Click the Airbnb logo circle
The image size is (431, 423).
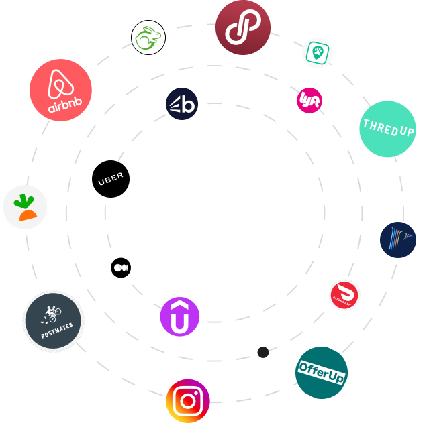[60, 90]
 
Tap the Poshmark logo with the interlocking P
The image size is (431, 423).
[242, 27]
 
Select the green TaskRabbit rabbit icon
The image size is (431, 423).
[148, 38]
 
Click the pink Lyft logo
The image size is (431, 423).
[309, 101]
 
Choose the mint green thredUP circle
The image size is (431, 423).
[387, 129]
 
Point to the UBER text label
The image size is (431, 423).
[111, 180]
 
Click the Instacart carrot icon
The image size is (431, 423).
[26, 207]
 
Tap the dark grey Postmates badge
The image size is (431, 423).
[53, 321]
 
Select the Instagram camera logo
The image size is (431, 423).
[188, 401]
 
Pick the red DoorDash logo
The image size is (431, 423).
[344, 295]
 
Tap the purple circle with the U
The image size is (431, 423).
[180, 316]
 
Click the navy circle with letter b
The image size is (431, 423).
[182, 104]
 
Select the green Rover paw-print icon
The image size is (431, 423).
[317, 52]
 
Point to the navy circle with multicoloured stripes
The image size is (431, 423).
[397, 240]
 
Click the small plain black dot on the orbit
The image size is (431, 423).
[263, 352]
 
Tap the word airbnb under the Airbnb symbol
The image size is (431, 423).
[60, 106]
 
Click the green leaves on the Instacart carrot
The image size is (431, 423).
[25, 200]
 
